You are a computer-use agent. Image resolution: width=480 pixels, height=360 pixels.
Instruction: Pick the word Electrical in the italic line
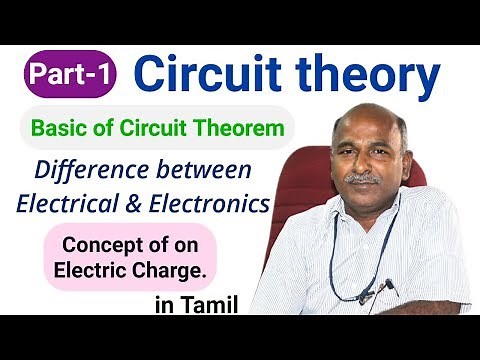[x=67, y=203]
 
